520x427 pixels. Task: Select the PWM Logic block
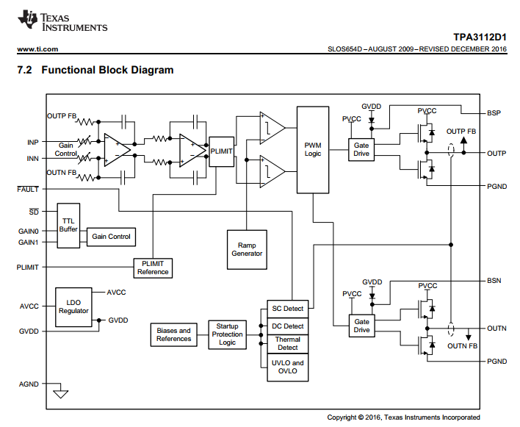pos(313,150)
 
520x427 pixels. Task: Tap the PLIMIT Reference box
pos(153,268)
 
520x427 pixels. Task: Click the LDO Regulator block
pos(73,306)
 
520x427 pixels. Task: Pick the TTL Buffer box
pos(68,225)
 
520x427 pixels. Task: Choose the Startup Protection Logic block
pos(228,334)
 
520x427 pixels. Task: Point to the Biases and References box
pos(173,334)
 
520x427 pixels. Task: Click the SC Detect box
pos(287,309)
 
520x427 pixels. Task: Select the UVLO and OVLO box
pos(287,367)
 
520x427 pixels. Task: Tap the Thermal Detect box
pos(287,343)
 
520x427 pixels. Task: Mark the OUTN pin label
pos(496,329)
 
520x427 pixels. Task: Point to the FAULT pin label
pos(28,189)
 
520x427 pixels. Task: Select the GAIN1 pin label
pos(28,242)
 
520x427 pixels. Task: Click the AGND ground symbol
pos(60,394)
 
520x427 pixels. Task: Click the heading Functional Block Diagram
pos(107,71)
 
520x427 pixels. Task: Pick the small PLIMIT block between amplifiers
pos(221,151)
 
